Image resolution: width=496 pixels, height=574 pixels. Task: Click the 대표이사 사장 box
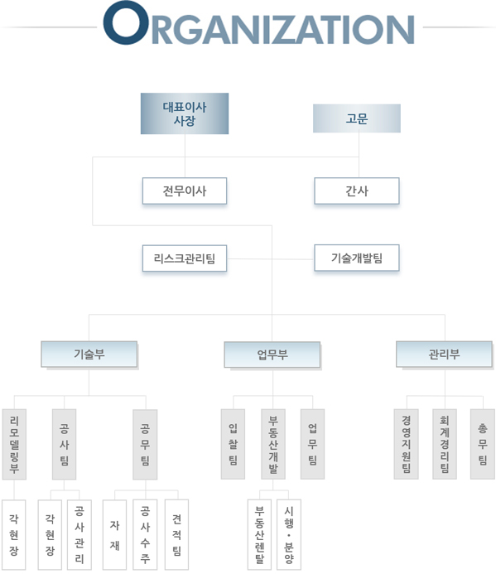click(x=185, y=113)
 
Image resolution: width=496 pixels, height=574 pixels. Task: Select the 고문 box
click(x=357, y=118)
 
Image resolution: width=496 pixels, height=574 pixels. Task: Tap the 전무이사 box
click(x=185, y=191)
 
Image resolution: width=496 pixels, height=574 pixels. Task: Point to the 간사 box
click(x=357, y=191)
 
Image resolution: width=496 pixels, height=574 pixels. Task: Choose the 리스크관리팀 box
click(x=185, y=258)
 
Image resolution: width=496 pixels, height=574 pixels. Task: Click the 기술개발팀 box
click(x=357, y=258)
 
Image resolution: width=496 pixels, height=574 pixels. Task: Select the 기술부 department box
click(x=89, y=354)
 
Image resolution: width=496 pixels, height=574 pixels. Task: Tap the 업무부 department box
click(x=272, y=355)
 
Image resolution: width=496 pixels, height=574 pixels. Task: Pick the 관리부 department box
click(x=444, y=354)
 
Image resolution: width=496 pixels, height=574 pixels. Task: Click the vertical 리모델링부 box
click(x=14, y=444)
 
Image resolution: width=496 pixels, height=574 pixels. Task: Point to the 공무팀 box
click(x=145, y=445)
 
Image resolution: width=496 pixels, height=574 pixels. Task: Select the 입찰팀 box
click(x=233, y=444)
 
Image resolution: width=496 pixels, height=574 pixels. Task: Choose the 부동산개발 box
click(x=273, y=444)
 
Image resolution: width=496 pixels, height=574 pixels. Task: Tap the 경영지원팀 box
click(x=406, y=444)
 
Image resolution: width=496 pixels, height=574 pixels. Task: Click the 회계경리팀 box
click(x=445, y=444)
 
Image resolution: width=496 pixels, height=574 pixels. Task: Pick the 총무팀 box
click(x=483, y=444)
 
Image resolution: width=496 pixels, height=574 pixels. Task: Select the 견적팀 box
click(x=177, y=534)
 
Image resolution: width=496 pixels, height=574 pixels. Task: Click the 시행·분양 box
click(x=289, y=534)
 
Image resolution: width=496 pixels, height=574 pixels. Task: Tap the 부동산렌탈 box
click(x=259, y=534)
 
